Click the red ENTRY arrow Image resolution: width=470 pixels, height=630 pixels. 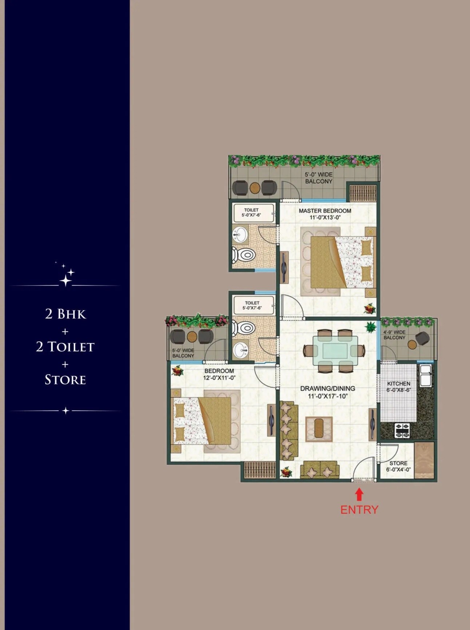[x=359, y=495]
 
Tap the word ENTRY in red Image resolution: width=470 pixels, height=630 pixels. [x=359, y=510]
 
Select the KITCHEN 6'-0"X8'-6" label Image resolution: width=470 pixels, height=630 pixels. [x=399, y=387]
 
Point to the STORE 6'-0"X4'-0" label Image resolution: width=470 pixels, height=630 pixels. [x=398, y=466]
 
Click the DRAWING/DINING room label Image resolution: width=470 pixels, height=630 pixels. [x=327, y=392]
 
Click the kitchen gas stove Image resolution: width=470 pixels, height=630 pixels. [x=402, y=430]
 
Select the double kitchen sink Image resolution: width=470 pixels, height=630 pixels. [x=425, y=375]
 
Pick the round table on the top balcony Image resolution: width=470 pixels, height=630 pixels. [x=255, y=188]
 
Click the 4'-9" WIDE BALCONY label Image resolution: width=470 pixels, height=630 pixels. [x=394, y=335]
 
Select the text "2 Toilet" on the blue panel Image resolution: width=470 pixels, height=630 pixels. [x=65, y=347]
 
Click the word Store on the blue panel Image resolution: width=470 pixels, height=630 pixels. [x=65, y=380]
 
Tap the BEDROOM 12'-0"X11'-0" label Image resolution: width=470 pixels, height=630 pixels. [x=219, y=374]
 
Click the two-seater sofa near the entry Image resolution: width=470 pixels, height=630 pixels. [x=319, y=470]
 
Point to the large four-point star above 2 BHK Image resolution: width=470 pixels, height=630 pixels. [x=65, y=280]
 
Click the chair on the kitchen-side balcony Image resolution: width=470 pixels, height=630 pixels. [x=423, y=338]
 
